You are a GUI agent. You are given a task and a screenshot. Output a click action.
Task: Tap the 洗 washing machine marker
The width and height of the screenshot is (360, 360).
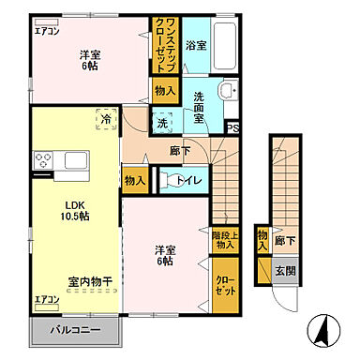pos(161,123)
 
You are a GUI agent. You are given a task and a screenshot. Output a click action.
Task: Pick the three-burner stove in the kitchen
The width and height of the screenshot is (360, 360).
pos(42,162)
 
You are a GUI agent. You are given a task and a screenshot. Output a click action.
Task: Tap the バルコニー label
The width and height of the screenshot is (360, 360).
pos(76,331)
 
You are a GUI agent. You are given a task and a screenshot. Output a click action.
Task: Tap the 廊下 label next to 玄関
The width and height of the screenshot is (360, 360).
pos(285,240)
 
